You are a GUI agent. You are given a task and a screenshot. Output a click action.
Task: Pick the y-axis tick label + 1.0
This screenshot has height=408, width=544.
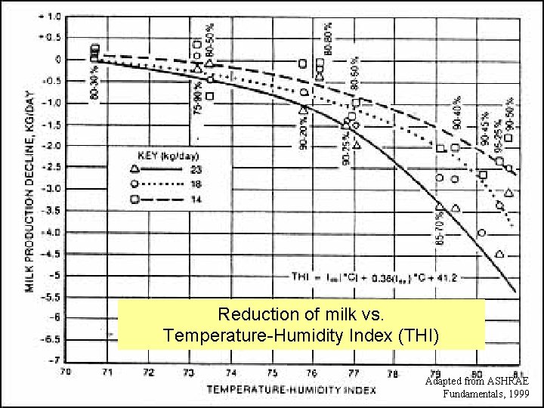[x=51, y=15]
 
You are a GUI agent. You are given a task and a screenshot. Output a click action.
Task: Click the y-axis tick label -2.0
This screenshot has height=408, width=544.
[x=51, y=146]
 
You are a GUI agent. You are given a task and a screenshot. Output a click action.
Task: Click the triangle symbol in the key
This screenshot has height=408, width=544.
[x=134, y=168]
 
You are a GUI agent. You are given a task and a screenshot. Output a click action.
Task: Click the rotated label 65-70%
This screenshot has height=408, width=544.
[x=440, y=227]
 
